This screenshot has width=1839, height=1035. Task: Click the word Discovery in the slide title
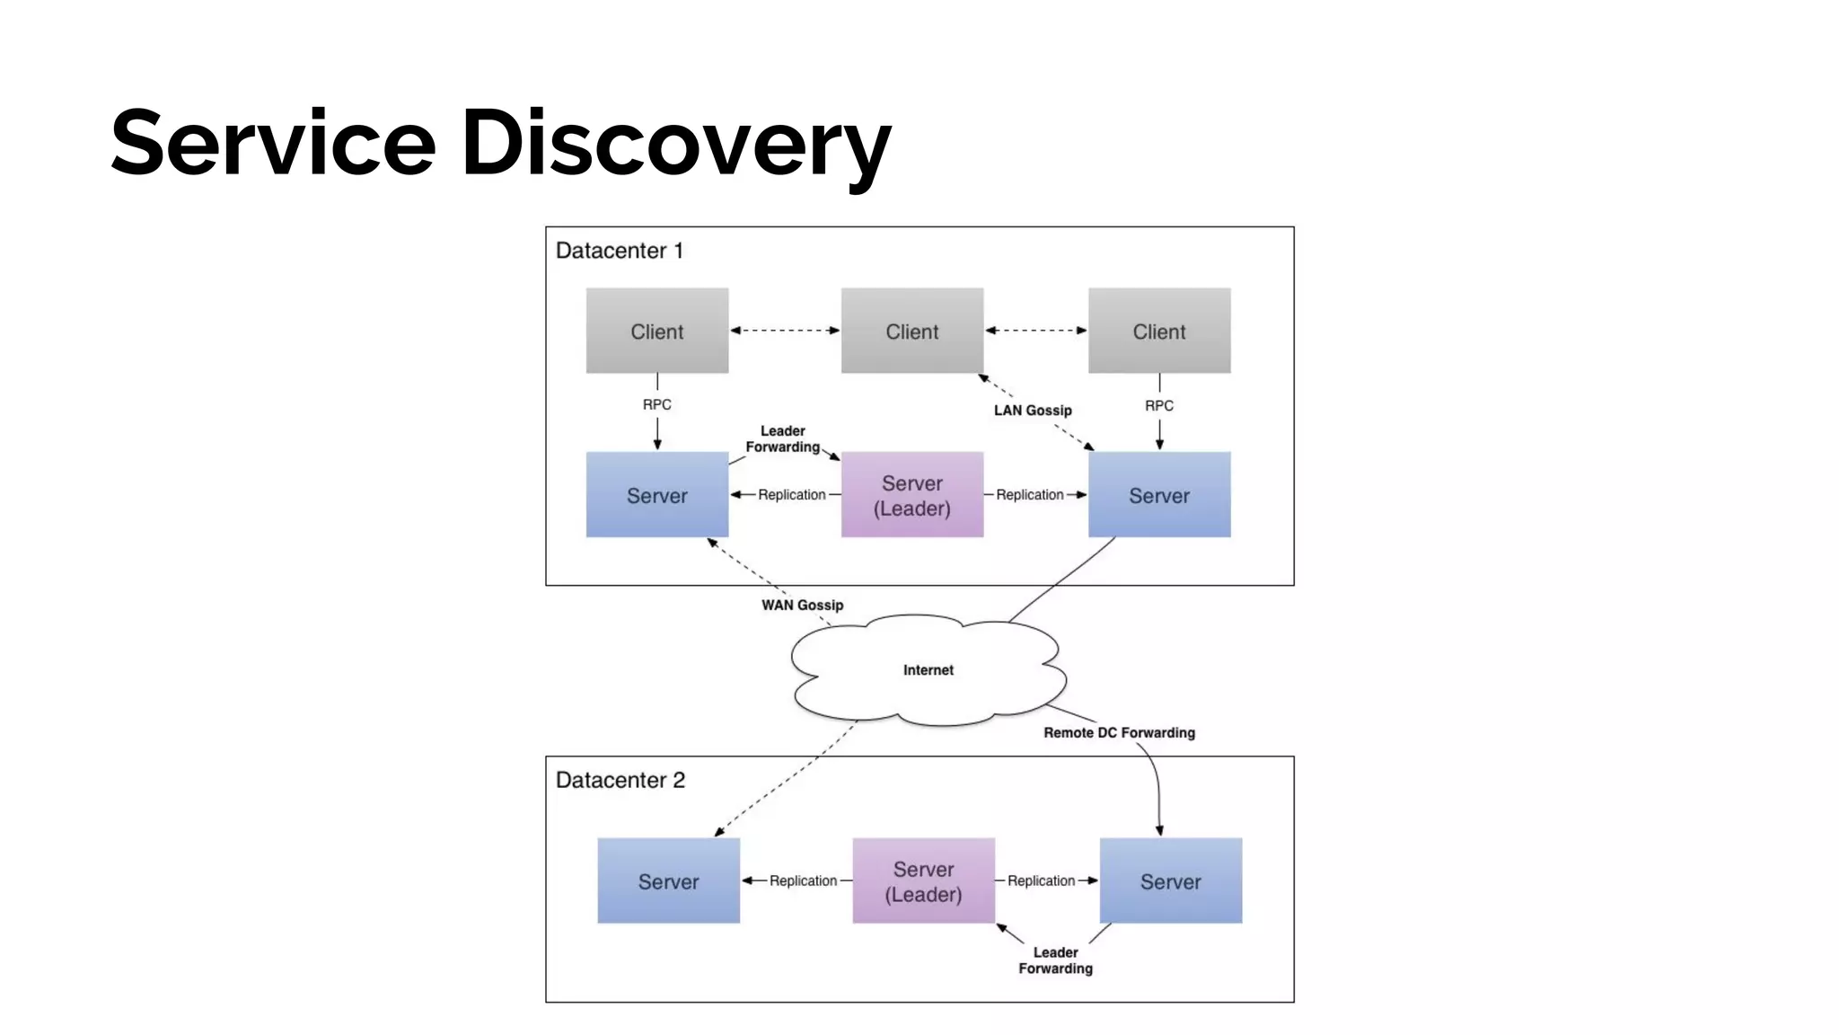click(x=675, y=144)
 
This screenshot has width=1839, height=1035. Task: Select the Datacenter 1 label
click(x=619, y=251)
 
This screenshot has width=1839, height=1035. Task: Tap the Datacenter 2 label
click(x=620, y=780)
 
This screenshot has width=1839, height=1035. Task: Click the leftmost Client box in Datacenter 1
click(x=656, y=331)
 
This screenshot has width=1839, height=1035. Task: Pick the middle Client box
click(x=911, y=331)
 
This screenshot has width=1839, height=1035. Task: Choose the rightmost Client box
click(x=1158, y=331)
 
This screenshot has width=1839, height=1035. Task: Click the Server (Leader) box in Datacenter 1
click(x=911, y=495)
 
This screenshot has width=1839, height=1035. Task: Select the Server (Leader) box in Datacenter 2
click(x=923, y=881)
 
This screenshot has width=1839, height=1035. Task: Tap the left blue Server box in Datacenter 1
click(x=656, y=495)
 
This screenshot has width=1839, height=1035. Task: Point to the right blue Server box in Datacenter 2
click(x=1170, y=881)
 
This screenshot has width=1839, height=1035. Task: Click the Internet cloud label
click(x=928, y=670)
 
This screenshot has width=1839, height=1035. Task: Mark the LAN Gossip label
click(x=1033, y=411)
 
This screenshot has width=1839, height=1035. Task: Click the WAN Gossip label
click(x=802, y=606)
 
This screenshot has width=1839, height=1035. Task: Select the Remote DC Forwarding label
click(x=1119, y=733)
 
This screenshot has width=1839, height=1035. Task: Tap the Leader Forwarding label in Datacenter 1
click(x=782, y=439)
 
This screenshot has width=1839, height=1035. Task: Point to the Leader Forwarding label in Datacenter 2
click(x=1055, y=960)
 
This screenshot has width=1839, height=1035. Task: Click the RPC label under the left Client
click(x=656, y=405)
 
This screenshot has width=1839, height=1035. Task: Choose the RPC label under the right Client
click(x=1158, y=406)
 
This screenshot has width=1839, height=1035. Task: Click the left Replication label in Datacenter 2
click(x=803, y=881)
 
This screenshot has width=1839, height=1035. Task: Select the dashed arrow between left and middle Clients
click(x=784, y=331)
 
